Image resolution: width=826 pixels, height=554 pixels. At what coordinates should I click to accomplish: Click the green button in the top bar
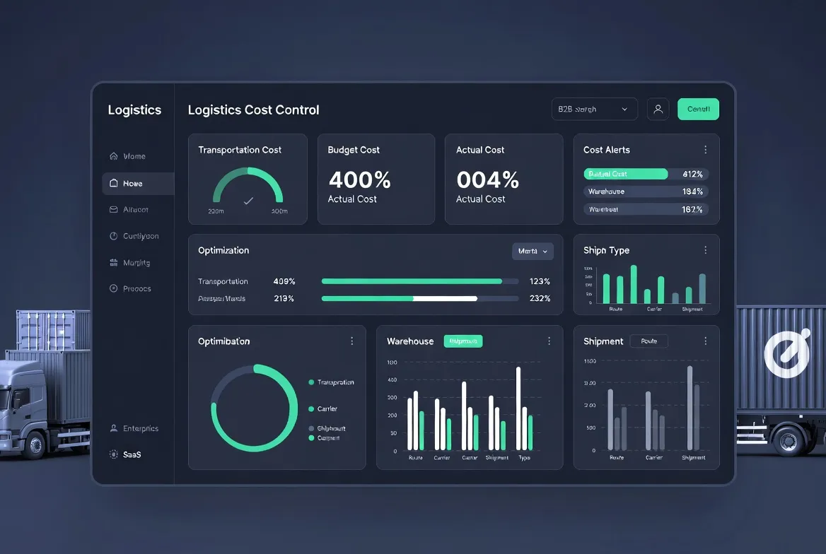[698, 109]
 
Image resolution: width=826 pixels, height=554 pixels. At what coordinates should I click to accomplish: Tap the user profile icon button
[658, 109]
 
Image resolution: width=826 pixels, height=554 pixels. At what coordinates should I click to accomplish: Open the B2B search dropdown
[594, 110]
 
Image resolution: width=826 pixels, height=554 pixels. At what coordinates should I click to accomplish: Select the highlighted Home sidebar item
[138, 184]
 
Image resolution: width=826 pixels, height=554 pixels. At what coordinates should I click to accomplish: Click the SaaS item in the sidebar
[132, 454]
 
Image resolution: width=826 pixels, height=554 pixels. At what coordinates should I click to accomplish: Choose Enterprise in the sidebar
[140, 428]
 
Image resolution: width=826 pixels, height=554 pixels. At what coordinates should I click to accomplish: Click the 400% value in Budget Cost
[359, 180]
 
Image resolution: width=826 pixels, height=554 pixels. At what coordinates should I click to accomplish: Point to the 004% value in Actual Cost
[487, 180]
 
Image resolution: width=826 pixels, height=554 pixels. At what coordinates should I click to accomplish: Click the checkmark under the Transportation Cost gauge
[248, 201]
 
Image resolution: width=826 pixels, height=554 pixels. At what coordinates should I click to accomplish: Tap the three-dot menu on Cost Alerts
[705, 150]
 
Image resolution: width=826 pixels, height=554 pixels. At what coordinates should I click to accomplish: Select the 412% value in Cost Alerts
[692, 174]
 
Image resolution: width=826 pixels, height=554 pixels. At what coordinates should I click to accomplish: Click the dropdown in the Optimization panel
[533, 251]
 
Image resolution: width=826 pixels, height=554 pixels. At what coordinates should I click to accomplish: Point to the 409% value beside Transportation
[284, 281]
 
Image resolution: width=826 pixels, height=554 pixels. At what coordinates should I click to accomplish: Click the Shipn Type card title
[606, 250]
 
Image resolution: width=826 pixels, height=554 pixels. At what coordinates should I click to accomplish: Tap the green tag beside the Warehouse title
[463, 341]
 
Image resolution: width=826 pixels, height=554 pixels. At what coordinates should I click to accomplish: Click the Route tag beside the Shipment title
[648, 341]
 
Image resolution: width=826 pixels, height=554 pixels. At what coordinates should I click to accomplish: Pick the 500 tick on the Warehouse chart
[392, 363]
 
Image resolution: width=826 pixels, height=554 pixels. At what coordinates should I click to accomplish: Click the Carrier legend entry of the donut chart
[327, 409]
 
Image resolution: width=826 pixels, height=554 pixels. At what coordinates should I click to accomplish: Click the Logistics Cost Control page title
[253, 110]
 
